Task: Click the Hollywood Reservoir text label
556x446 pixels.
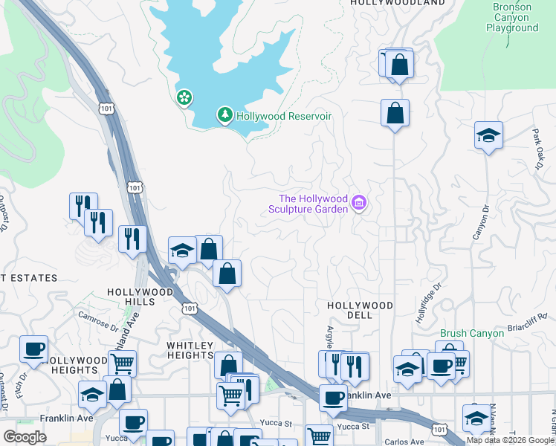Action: point(283,116)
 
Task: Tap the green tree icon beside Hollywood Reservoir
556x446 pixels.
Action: point(224,115)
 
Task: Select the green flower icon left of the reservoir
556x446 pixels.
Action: point(184,97)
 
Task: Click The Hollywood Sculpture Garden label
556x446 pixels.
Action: point(313,204)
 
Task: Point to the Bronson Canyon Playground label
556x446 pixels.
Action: point(511,17)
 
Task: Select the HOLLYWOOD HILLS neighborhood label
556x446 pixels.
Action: point(140,293)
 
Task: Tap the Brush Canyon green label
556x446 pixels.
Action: point(472,333)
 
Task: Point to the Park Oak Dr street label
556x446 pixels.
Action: point(538,149)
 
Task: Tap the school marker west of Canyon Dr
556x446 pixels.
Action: point(488,135)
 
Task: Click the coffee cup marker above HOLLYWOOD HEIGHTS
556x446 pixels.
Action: point(33,349)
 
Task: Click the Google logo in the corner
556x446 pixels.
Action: point(25,437)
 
